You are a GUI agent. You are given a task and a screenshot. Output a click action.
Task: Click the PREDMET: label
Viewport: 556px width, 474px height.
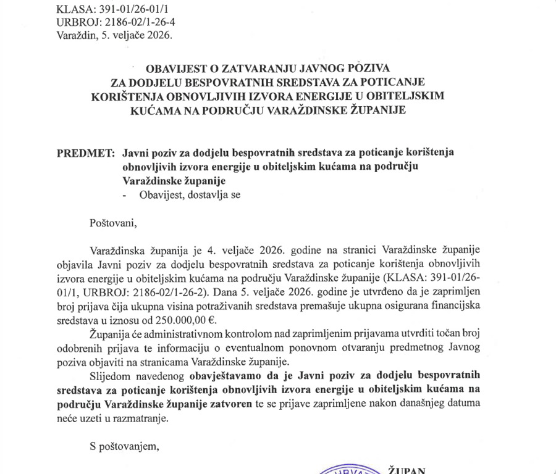85,152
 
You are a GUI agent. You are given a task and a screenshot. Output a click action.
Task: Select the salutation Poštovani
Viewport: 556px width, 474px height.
111,222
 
